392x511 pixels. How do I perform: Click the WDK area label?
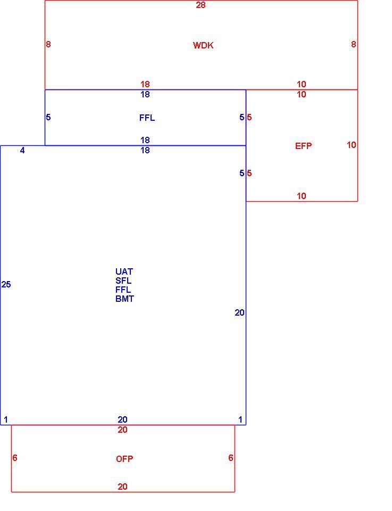(x=203, y=45)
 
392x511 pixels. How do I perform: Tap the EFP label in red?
(x=304, y=146)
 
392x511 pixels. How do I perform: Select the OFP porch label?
(x=124, y=459)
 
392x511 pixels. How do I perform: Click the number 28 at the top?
(x=201, y=5)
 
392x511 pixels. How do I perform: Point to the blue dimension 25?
(x=6, y=284)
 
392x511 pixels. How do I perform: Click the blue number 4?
(x=22, y=150)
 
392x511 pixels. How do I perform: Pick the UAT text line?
(x=124, y=271)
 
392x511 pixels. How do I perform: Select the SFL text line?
(x=123, y=281)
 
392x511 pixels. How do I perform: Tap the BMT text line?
(x=124, y=299)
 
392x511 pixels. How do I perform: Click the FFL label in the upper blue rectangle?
(x=147, y=118)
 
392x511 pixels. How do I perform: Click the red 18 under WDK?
(x=145, y=84)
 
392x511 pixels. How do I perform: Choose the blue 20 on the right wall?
(x=240, y=313)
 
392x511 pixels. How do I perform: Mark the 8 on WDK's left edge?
(x=48, y=44)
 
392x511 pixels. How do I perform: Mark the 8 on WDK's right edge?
(x=354, y=44)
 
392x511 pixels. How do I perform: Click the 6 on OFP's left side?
(x=15, y=458)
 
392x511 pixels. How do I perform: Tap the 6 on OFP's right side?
(x=231, y=458)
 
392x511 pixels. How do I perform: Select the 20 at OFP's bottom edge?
(x=122, y=487)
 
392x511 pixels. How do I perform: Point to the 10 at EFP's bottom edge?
(x=302, y=196)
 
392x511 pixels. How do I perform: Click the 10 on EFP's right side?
(x=351, y=145)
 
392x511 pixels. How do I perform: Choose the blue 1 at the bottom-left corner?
(x=6, y=419)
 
